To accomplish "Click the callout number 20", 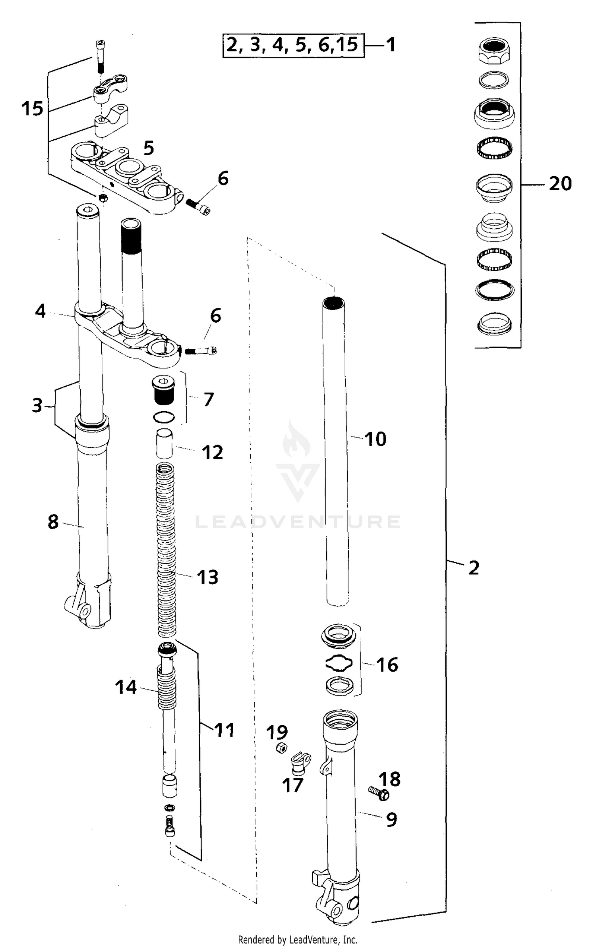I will point(560,184).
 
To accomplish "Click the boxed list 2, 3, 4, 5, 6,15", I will point(293,45).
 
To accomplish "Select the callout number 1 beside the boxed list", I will point(391,45).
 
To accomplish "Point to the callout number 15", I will point(32,108).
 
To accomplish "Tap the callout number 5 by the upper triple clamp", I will point(149,148).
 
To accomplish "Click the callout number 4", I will point(40,311).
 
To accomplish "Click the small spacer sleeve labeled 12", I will point(164,444).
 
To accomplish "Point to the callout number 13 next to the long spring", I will point(207,577).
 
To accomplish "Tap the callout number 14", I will point(126,687).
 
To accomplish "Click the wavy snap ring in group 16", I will point(339,663).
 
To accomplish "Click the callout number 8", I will point(53,522).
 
